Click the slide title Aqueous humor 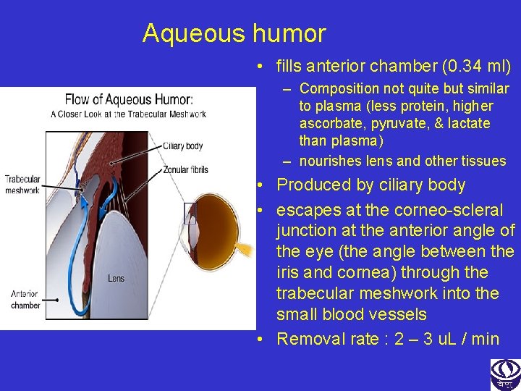[x=234, y=33]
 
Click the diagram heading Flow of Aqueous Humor [x=128, y=99]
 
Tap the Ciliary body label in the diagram [x=182, y=146]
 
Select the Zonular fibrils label [x=185, y=169]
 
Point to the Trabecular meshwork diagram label [x=22, y=185]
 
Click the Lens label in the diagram [x=116, y=278]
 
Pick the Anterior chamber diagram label [x=25, y=300]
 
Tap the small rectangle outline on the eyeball [x=190, y=213]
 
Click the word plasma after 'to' [x=337, y=106]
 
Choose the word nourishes [x=331, y=161]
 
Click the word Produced [x=313, y=185]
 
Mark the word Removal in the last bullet [x=310, y=338]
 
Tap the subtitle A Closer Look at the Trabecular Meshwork [x=128, y=114]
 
